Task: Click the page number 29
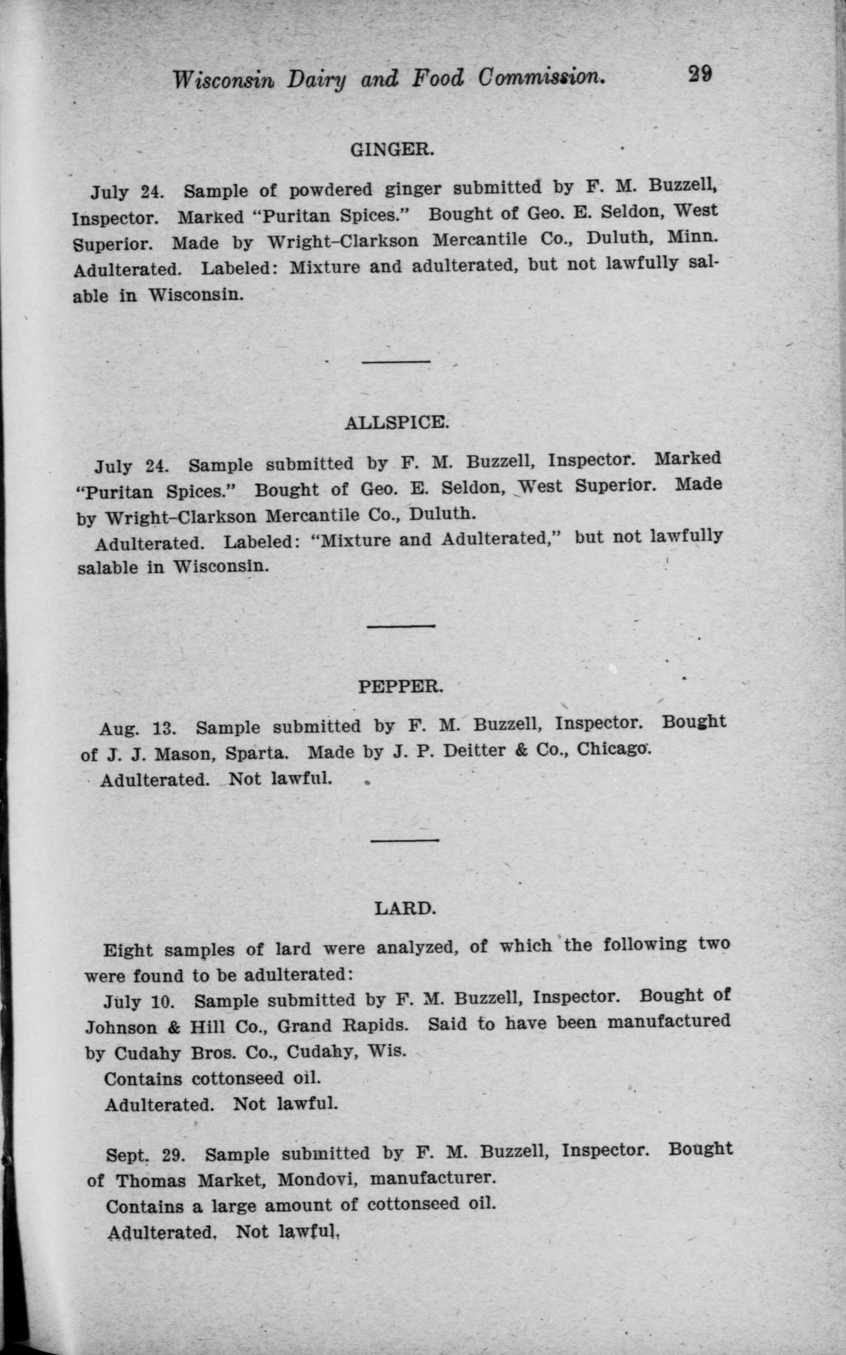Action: coord(699,75)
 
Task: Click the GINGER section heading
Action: coord(391,150)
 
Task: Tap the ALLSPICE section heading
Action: coord(396,423)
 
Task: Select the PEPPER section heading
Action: coord(401,687)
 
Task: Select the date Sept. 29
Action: coord(145,1154)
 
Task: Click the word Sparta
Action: coord(257,753)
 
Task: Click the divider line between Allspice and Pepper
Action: coord(401,626)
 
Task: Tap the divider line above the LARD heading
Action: coord(404,840)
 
